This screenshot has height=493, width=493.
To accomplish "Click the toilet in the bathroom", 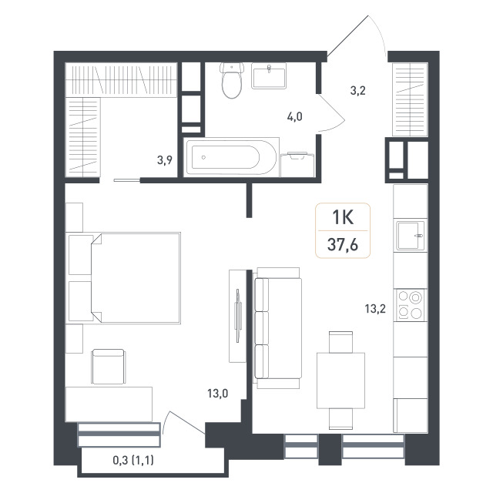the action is (x=232, y=80).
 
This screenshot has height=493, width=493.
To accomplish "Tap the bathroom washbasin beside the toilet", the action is (x=269, y=75).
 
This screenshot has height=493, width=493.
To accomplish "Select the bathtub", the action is (x=231, y=157).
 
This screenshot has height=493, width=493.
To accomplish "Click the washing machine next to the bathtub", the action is (x=297, y=164).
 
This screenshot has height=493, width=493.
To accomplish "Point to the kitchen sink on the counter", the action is (x=410, y=235).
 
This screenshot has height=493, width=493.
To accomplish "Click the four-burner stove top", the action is (x=410, y=305).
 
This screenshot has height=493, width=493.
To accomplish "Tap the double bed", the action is (x=136, y=278).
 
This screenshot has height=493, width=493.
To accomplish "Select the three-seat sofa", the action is (x=277, y=328).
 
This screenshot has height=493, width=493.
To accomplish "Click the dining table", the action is (x=340, y=381).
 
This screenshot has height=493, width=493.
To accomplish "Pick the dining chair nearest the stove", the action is (x=340, y=342).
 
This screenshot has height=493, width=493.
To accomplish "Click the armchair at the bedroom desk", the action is (x=108, y=367).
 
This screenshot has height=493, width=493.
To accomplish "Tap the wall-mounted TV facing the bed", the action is (x=238, y=315).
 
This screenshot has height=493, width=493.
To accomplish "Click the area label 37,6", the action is (x=343, y=245).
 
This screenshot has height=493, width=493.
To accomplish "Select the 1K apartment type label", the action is (x=343, y=217).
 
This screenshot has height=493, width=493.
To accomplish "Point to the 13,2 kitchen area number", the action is (x=375, y=309).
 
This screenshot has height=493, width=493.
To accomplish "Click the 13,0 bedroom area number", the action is (x=217, y=394).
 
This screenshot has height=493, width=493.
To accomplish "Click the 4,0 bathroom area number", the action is (x=294, y=117).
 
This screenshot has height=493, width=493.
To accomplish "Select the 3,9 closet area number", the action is (x=165, y=160).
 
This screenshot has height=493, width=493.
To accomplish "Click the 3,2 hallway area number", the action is (x=357, y=91).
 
